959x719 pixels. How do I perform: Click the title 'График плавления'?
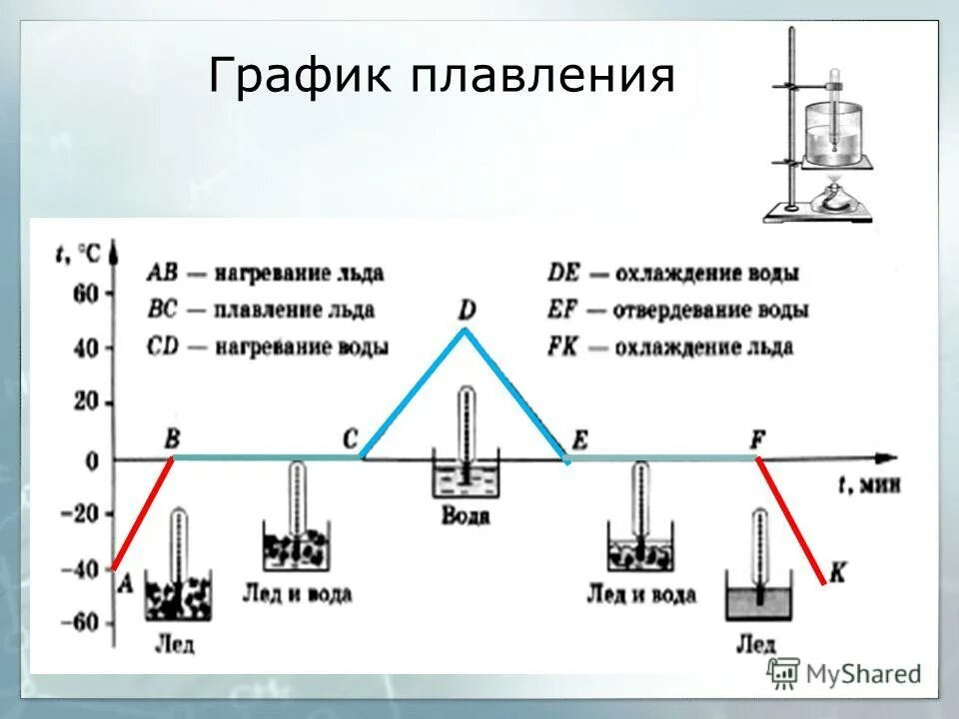pyautogui.click(x=442, y=77)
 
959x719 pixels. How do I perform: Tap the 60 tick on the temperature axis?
pyautogui.click(x=87, y=295)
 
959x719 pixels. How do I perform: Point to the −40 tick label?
pyautogui.click(x=82, y=570)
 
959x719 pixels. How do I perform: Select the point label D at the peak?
pyautogui.click(x=466, y=308)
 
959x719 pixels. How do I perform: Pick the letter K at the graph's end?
pyautogui.click(x=838, y=572)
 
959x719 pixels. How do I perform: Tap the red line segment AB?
pyautogui.click(x=144, y=511)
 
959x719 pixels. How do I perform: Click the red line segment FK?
pyautogui.click(x=791, y=519)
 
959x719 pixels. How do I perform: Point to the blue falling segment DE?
pyautogui.click(x=516, y=393)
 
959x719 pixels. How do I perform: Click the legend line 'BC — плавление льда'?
pyautogui.click(x=260, y=310)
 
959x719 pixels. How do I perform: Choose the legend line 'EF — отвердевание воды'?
pyautogui.click(x=677, y=310)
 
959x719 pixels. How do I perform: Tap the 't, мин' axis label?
pyautogui.click(x=868, y=484)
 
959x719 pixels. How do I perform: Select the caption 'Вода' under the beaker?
pyautogui.click(x=465, y=515)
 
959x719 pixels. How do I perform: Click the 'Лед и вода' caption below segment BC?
pyautogui.click(x=297, y=593)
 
